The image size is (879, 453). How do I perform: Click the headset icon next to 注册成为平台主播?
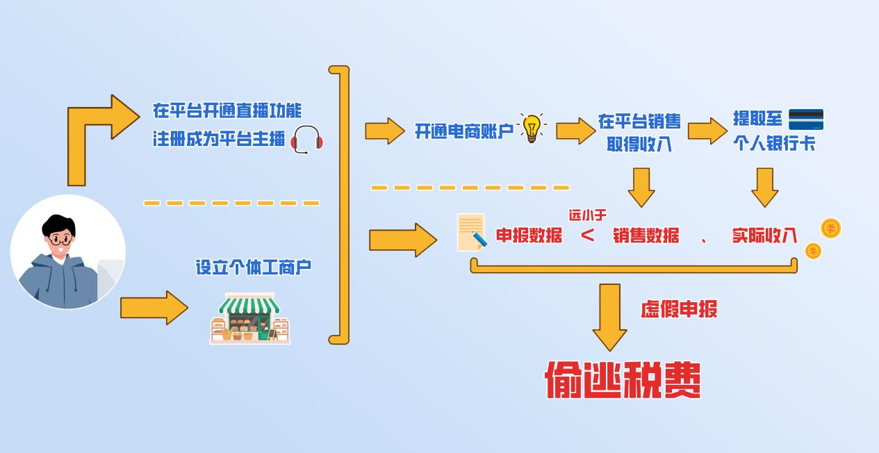pyautogui.click(x=306, y=140)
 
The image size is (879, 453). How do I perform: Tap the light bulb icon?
pyautogui.click(x=532, y=128)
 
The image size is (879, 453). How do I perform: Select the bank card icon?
pyautogui.click(x=805, y=120)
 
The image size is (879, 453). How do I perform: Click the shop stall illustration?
pyautogui.click(x=250, y=318)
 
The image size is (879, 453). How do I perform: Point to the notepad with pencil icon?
pyautogui.click(x=472, y=233)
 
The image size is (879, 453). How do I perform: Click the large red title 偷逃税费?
pyautogui.click(x=623, y=379)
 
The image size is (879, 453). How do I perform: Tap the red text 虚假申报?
pyautogui.click(x=678, y=309)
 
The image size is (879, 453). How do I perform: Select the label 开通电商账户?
pyautogui.click(x=463, y=131)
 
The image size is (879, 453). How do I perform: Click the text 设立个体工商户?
pyautogui.click(x=253, y=267)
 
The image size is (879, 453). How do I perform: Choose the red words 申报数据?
pyautogui.click(x=529, y=236)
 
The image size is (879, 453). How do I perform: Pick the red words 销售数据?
pyautogui.click(x=646, y=236)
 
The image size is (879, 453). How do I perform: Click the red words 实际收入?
pyautogui.click(x=764, y=236)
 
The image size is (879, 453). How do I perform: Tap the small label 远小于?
pyautogui.click(x=587, y=215)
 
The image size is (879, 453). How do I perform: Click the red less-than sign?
pyautogui.click(x=588, y=236)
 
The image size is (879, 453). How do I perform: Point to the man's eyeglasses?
pyautogui.click(x=59, y=239)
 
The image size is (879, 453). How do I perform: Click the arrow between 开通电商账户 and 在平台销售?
pyautogui.click(x=575, y=130)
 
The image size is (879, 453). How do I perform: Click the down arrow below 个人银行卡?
pyautogui.click(x=764, y=187)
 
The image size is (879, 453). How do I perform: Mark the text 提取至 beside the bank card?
pyautogui.click(x=757, y=119)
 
